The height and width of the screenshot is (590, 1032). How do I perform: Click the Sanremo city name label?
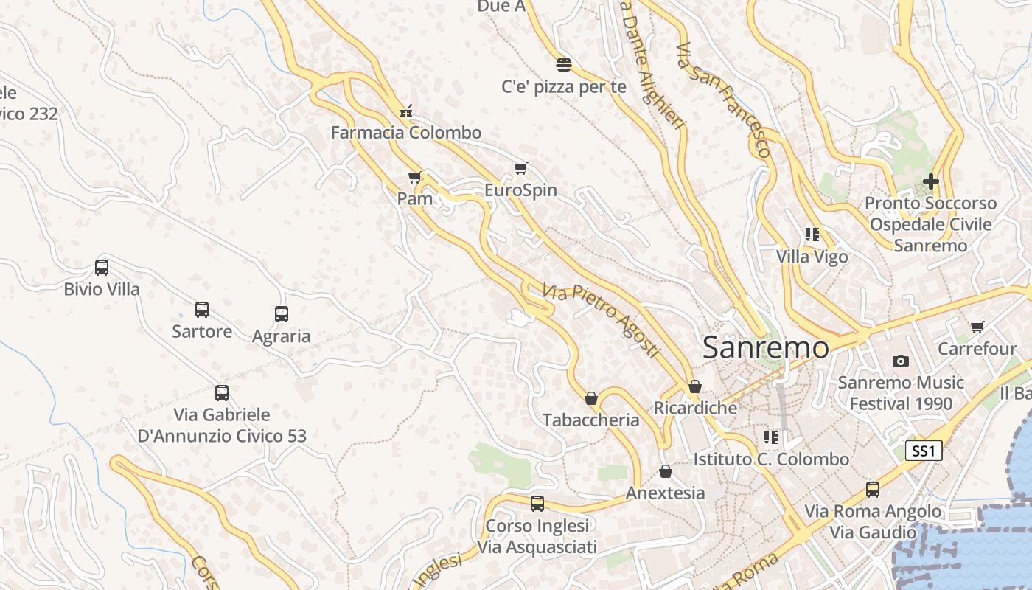[765, 347]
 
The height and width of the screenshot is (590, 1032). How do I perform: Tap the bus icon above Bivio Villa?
[102, 268]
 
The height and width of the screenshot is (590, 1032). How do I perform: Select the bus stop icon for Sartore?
[201, 310]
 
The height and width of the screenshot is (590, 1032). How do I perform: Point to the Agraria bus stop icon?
[281, 314]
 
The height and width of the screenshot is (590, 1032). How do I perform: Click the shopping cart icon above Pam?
[414, 177]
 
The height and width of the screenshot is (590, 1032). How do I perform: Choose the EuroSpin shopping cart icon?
[521, 168]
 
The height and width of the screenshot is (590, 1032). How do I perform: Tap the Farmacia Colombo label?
[405, 133]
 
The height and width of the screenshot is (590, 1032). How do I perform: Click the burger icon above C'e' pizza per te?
[564, 65]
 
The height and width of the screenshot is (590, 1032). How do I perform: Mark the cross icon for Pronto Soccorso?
[931, 181]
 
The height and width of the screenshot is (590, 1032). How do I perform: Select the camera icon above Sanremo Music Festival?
[900, 361]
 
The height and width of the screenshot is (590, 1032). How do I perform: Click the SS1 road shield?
[924, 451]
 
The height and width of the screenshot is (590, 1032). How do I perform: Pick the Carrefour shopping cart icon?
[977, 327]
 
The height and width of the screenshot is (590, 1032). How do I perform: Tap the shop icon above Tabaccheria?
[591, 398]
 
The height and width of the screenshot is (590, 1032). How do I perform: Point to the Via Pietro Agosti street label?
[600, 321]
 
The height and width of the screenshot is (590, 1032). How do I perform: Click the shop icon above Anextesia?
[666, 471]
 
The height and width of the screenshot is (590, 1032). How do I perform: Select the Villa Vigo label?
[812, 257]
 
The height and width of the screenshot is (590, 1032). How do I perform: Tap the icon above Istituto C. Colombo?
[771, 437]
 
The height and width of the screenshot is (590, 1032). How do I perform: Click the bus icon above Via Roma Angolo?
[873, 490]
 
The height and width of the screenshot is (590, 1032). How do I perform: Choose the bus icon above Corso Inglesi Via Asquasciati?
[537, 504]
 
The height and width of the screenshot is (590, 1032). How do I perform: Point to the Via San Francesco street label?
[724, 100]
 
